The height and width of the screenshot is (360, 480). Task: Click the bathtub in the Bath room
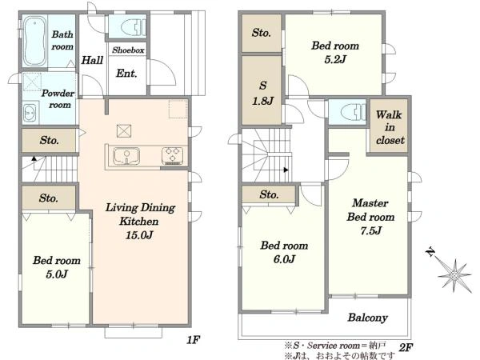click(35, 41)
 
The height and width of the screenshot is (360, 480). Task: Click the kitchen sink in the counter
click(126, 156)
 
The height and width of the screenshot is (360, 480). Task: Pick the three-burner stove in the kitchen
click(172, 155)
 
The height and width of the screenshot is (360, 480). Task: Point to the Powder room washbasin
click(30, 112)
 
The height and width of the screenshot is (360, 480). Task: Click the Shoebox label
click(128, 50)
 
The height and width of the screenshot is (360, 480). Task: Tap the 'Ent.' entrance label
click(126, 73)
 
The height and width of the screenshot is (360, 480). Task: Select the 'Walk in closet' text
click(390, 127)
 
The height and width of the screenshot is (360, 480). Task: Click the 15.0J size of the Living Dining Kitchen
click(139, 234)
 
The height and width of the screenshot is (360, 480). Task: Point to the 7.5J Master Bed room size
click(370, 230)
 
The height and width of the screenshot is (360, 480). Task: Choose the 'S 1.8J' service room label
click(262, 93)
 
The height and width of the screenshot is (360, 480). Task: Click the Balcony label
click(368, 318)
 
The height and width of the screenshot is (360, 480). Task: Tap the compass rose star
click(455, 276)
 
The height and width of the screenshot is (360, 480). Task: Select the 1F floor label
click(194, 339)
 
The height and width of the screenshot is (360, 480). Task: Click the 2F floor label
click(406, 347)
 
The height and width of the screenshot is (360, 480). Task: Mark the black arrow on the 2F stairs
click(286, 170)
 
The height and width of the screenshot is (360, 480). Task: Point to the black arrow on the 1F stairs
click(34, 158)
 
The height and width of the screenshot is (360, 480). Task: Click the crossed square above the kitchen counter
click(124, 131)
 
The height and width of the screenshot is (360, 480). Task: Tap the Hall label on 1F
click(92, 60)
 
